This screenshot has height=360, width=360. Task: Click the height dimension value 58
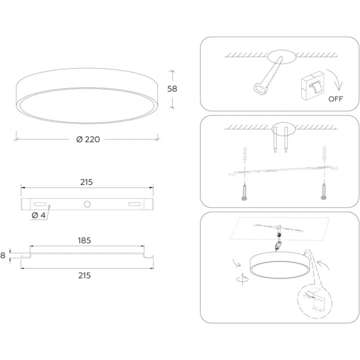(x=172, y=89)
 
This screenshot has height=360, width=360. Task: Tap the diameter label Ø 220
(x=88, y=139)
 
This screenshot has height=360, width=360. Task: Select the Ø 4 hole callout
(x=39, y=216)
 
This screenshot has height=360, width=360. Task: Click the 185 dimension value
(x=84, y=240)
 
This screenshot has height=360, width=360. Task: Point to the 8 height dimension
(x=3, y=255)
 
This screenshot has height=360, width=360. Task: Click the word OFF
(x=335, y=99)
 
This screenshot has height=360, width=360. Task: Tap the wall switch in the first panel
(x=312, y=85)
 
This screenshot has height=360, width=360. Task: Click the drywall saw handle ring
(x=260, y=88)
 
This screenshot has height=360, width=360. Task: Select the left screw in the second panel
(x=244, y=192)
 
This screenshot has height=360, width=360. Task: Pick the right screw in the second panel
(x=324, y=191)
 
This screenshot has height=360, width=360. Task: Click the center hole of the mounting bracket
(x=87, y=204)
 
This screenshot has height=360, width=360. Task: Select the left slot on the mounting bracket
(x=40, y=204)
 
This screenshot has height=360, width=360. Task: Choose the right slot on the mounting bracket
(x=134, y=204)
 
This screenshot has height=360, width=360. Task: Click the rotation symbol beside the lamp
(x=243, y=279)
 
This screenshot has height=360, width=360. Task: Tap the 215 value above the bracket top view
(x=86, y=182)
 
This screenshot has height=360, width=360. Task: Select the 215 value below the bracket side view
(x=85, y=275)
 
